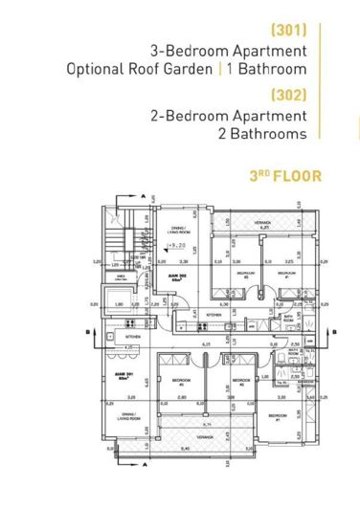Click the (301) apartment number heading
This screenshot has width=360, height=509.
tap(289, 29)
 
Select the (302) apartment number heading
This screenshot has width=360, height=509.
tap(288, 96)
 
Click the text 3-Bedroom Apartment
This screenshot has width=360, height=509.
tap(229, 50)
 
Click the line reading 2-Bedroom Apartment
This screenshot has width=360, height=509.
tap(229, 116)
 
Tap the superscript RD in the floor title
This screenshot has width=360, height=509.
tap(259, 173)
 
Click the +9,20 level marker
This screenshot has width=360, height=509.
tap(175, 246)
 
